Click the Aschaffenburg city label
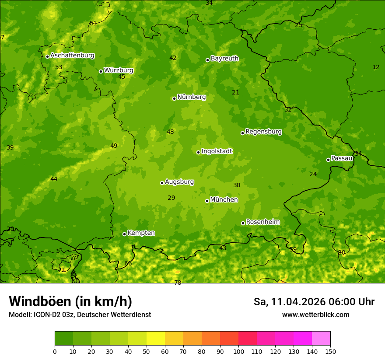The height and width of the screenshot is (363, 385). point(72,56)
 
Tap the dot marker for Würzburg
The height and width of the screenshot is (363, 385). point(101,71)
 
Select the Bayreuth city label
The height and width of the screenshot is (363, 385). point(224,58)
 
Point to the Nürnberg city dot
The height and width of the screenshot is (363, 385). point(174,98)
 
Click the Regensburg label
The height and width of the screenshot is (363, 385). point(263,131)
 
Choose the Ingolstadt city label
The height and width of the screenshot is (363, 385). point(217,151)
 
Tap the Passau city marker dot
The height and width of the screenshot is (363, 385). point(328,160)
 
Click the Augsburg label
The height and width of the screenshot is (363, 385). point(179,181)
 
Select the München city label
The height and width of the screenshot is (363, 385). point(224,199)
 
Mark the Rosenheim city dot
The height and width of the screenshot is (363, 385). point(243,223)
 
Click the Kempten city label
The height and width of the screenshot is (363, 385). point(141,233)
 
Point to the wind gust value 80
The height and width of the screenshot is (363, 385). point(341,252)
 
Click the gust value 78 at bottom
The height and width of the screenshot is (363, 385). point(178,283)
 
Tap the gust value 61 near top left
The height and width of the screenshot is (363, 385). point(93,23)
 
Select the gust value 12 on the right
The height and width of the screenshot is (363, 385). point(376,67)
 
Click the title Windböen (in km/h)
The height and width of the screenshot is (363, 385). point(70,301)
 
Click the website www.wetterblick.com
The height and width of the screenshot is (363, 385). point(315,314)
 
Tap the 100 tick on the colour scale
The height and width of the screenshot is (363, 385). point(238,351)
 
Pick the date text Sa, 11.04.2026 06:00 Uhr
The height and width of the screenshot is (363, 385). point(314,302)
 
